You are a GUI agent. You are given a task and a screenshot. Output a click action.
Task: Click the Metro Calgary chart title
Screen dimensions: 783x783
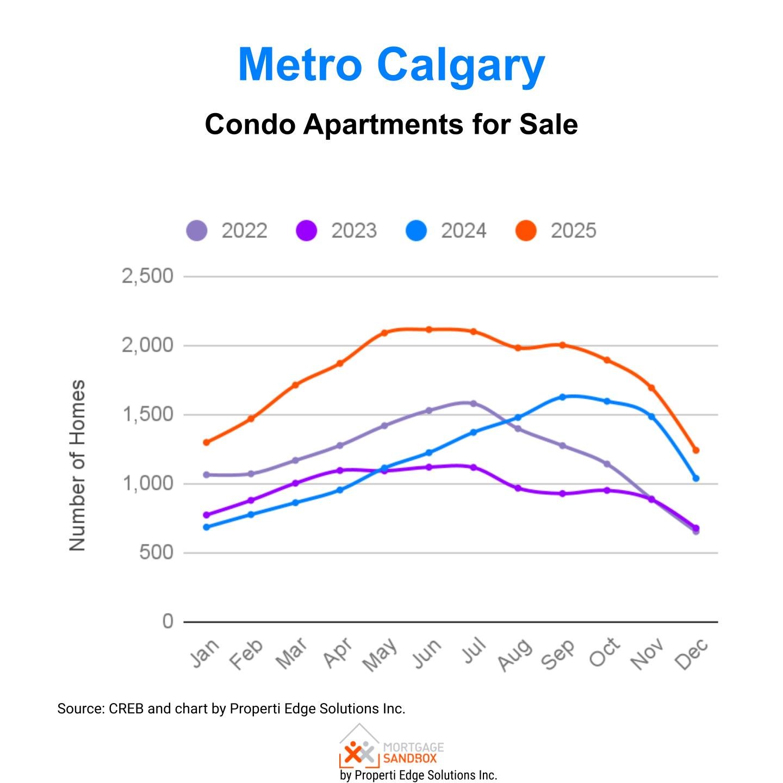[391, 65]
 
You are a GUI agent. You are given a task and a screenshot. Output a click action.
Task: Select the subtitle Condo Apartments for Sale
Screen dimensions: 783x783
[391, 125]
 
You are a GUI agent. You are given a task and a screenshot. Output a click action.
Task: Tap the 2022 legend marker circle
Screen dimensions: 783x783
[197, 231]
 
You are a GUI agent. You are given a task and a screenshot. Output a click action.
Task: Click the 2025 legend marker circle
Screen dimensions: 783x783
[526, 231]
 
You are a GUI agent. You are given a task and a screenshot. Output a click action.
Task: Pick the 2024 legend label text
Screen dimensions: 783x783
[463, 231]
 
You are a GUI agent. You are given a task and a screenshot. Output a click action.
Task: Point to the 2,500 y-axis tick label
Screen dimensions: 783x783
[147, 276]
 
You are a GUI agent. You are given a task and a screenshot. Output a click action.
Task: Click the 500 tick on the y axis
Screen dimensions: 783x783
[156, 552]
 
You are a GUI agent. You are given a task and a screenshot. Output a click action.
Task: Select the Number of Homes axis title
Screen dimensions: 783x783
[78, 465]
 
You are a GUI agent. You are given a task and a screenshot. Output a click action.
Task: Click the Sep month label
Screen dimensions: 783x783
[558, 654]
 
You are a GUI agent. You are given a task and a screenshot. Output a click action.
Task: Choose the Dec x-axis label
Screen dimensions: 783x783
[692, 654]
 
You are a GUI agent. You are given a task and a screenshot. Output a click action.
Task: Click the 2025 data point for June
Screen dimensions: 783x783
[428, 330]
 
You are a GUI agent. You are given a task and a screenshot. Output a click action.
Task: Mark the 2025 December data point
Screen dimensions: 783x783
[695, 450]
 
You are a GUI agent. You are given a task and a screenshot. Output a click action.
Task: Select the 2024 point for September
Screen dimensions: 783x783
[562, 397]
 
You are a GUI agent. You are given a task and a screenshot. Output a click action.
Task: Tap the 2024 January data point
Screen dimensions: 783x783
[206, 527]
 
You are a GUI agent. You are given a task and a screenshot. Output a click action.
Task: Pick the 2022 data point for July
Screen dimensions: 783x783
[473, 403]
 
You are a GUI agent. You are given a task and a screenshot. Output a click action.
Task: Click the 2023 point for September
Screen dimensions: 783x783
[562, 494]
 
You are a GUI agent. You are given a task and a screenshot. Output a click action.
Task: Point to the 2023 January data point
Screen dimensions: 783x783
[206, 515]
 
